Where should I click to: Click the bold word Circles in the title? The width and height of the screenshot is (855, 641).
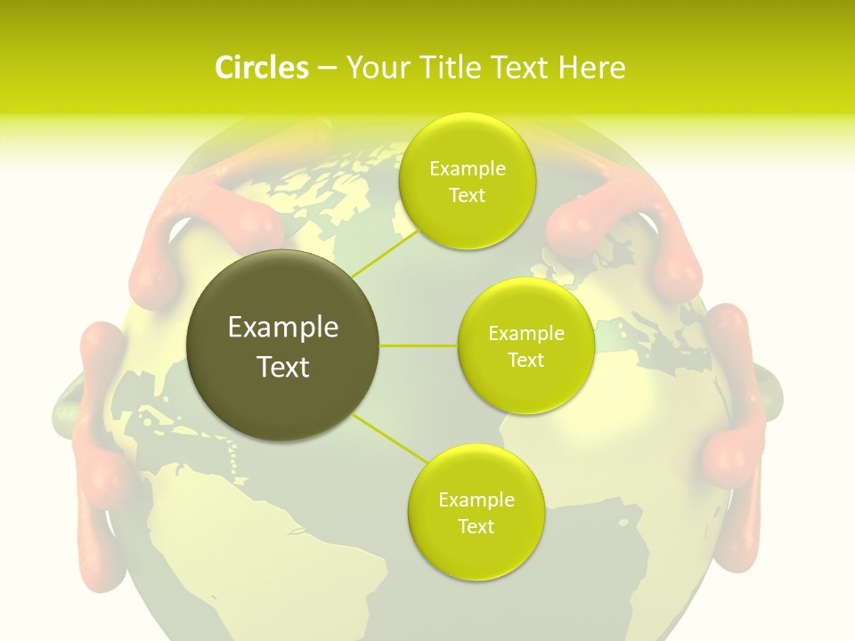261,68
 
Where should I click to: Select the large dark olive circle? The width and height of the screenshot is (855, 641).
283,345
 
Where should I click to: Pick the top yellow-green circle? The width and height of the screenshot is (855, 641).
467,181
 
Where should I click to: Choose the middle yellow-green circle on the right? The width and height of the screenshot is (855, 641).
525,345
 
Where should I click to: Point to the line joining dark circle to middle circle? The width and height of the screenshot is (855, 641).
419,345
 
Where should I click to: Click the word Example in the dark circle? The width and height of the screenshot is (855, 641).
283,328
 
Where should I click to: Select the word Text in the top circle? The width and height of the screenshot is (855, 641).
467,196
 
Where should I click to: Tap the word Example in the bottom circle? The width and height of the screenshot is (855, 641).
476,500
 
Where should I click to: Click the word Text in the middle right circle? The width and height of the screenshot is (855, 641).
525,361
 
